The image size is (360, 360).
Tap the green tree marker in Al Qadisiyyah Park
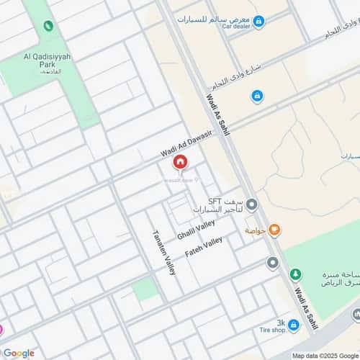48,26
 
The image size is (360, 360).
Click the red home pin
179,163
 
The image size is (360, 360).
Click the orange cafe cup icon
274,230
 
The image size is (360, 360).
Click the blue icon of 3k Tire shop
293,325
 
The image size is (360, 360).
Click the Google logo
19,353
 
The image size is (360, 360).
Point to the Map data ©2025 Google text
325,355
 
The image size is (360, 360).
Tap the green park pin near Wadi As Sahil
295,274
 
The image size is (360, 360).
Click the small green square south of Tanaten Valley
145,289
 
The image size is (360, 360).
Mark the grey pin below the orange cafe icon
272,263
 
